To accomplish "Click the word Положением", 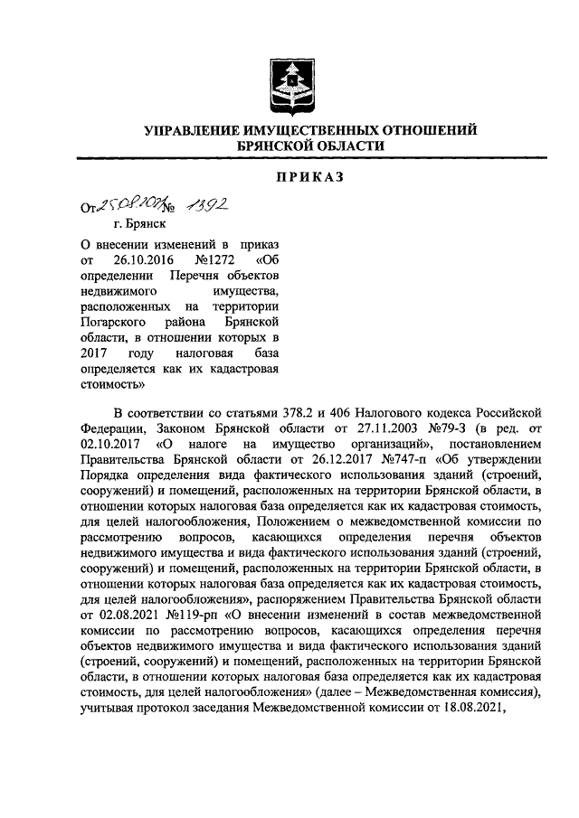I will (295, 522).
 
